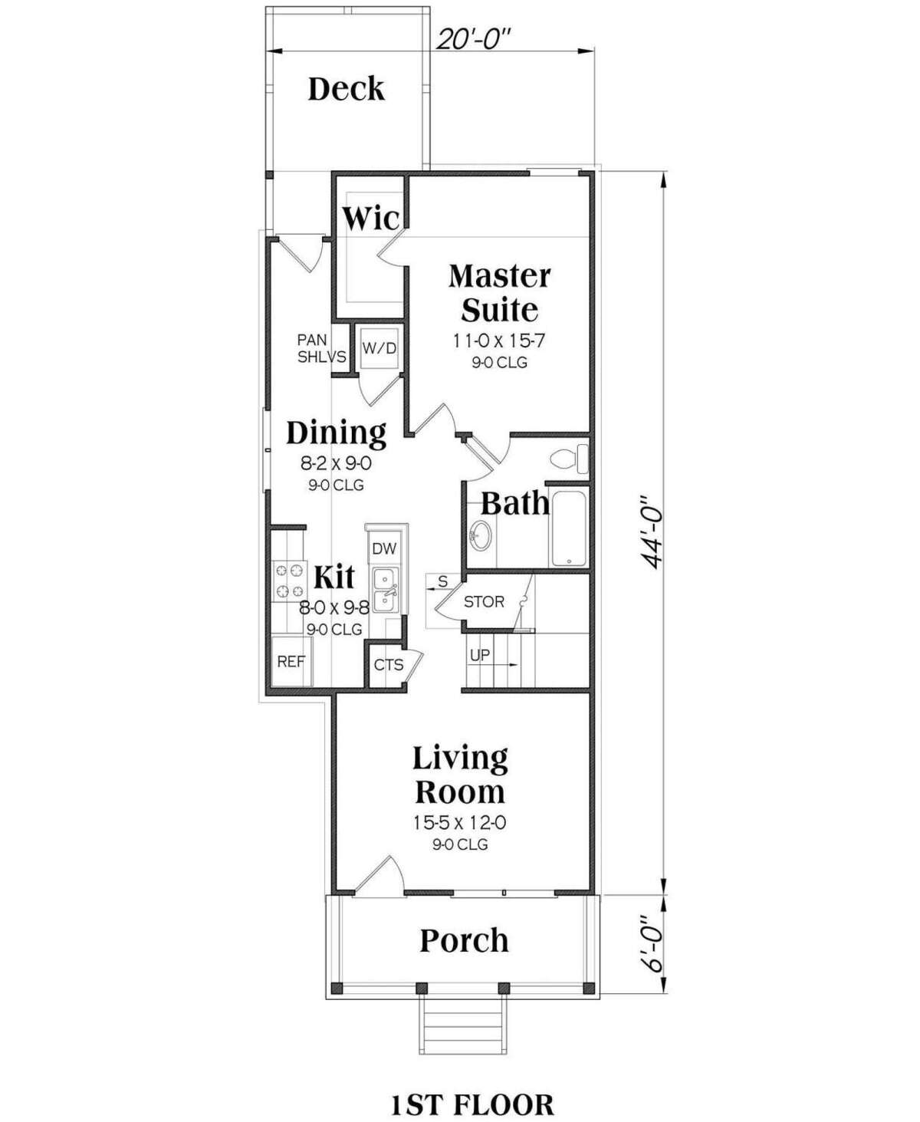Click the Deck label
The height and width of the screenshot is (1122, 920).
click(x=346, y=89)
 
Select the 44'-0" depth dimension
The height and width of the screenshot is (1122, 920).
click(x=652, y=530)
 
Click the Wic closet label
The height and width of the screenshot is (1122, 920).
click(x=370, y=219)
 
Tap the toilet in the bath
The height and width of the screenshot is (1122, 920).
click(x=570, y=459)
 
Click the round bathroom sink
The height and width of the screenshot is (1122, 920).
click(x=481, y=535)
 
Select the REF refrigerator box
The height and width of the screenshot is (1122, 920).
click(x=291, y=661)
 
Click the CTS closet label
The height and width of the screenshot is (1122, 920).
click(x=389, y=665)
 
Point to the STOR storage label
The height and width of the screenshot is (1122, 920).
click(x=484, y=602)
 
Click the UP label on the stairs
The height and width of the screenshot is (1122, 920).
click(x=480, y=656)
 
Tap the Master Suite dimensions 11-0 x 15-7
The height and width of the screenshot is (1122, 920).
click(x=500, y=339)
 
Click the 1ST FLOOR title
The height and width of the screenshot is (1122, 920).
click(x=472, y=1083)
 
